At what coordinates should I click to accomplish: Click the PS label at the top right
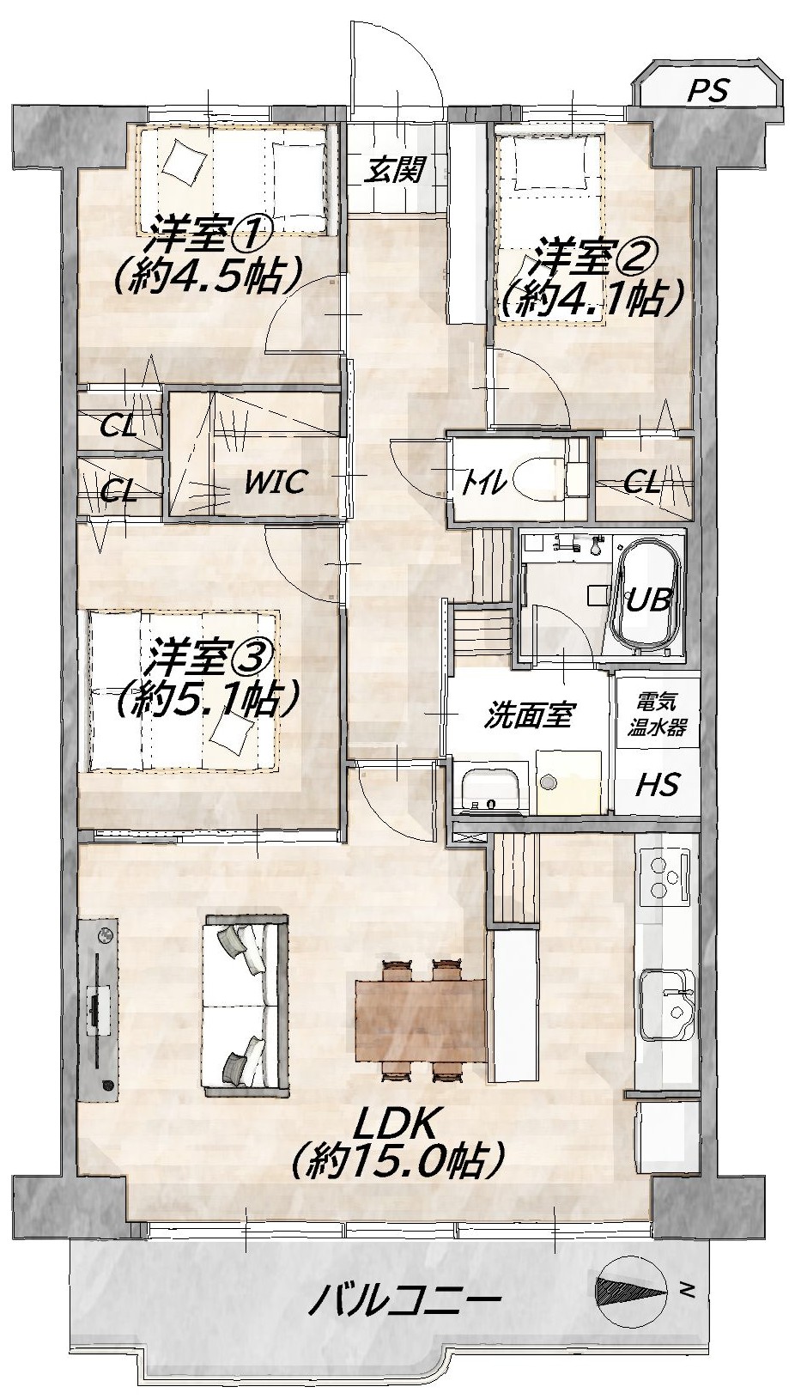[708, 90]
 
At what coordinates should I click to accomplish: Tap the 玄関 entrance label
[396, 169]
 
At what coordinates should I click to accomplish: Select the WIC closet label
[276, 482]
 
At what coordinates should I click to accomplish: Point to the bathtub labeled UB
[648, 599]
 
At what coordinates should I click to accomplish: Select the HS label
[657, 784]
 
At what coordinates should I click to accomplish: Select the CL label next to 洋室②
[642, 483]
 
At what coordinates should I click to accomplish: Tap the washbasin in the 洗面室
[490, 789]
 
